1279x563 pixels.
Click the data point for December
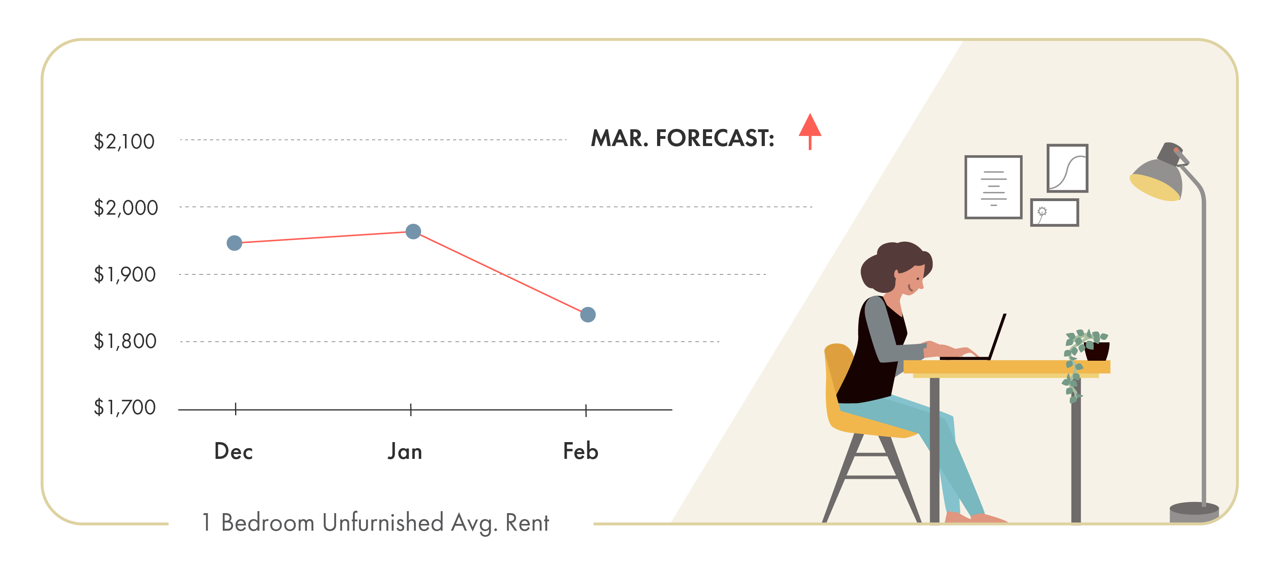coord(234,243)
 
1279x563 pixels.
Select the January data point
coord(413,231)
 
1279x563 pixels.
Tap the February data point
coord(588,314)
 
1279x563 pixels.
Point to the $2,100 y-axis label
coord(124,142)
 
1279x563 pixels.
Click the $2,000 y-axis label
coord(126,207)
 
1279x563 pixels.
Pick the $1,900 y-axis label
coord(125,274)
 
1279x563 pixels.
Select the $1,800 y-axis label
coord(125,341)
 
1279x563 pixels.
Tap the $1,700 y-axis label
coord(125,407)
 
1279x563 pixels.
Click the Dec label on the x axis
coord(234,451)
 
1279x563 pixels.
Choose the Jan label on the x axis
coord(405,451)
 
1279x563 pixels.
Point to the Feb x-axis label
coord(580,451)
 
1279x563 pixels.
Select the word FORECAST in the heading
coord(715,138)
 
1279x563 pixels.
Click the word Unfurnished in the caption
coord(382,522)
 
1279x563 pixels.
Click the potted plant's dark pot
coord(1097,351)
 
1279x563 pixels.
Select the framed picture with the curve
coord(1067,168)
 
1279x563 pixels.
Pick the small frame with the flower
coord(1055,213)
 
